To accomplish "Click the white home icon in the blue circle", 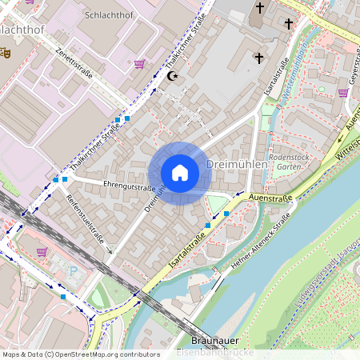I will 179,173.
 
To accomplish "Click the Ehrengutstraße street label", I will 129,187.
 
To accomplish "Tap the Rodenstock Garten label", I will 289,162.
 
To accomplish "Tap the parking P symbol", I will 76,272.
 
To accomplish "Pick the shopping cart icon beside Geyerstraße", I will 343,93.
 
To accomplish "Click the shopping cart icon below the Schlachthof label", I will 141,64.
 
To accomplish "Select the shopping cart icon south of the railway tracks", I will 42,251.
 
